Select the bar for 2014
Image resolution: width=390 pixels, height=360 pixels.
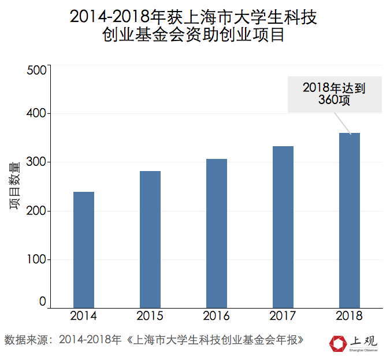tap(84, 250)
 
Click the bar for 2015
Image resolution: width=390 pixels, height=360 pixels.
tap(150, 239)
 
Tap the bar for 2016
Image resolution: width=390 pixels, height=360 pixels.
tap(217, 233)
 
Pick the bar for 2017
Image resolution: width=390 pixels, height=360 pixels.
tap(283, 227)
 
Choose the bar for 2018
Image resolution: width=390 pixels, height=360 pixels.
tap(350, 220)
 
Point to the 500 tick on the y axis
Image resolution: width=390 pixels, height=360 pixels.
tap(36, 70)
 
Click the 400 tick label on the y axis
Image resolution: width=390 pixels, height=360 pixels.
tap(36, 114)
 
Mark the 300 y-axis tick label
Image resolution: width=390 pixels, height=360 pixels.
tap(36, 162)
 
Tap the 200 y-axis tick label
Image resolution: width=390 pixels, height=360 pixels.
tap(36, 211)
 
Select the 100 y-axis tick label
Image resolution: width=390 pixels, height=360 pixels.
tap(36, 259)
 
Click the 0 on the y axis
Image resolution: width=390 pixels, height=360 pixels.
tap(42, 302)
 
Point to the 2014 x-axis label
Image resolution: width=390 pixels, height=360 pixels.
tap(84, 316)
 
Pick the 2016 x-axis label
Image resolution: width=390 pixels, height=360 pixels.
tap(217, 316)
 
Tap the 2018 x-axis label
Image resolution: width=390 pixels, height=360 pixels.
tap(350, 316)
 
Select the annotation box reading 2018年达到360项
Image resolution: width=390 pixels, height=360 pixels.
tap(335, 94)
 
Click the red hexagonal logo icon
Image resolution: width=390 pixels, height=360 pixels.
tap(336, 344)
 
